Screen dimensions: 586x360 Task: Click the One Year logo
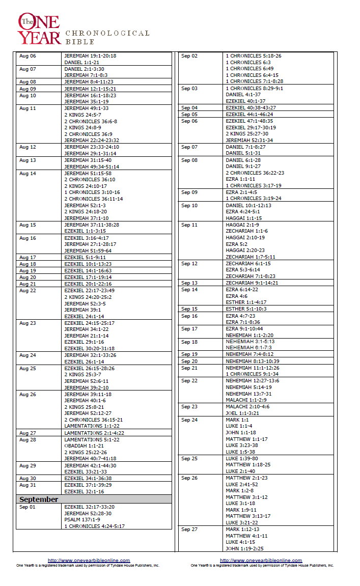[39, 29]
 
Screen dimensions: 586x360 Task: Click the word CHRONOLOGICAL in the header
[107, 33]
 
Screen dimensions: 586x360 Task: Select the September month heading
[39, 499]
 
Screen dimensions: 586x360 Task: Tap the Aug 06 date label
[27, 56]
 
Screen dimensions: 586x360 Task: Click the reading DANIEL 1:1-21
[81, 62]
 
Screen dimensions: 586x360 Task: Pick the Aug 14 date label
[27, 173]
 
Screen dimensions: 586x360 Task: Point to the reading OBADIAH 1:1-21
[84, 445]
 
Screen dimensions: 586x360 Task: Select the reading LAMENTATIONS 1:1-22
[92, 426]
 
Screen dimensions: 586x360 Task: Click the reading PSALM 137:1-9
[82, 519]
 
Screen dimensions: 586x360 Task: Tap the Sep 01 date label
[27, 507]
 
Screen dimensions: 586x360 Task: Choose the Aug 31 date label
[27, 485]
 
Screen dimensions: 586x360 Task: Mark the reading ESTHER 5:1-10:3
[246, 309]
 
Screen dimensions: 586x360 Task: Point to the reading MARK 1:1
[237, 420]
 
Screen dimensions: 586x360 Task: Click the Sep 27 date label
[189, 529]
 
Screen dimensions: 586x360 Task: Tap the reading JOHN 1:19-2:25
[245, 548]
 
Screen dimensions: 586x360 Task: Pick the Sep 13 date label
[189, 283]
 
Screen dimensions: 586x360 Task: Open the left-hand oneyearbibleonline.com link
[89, 561]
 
